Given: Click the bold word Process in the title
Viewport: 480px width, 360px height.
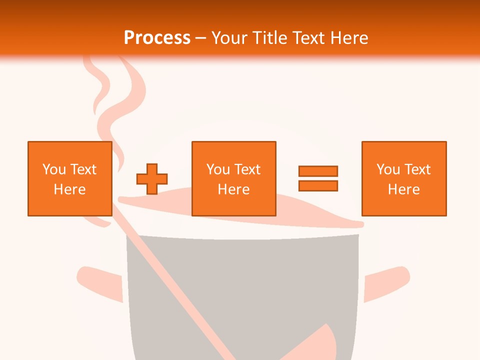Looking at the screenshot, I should (157, 38).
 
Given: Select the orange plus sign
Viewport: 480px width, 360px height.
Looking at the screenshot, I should (152, 178).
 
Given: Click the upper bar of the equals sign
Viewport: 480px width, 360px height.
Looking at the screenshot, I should (318, 171).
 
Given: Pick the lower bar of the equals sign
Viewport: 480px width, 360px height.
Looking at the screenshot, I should (318, 185).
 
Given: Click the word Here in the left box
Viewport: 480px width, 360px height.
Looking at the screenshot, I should (69, 189).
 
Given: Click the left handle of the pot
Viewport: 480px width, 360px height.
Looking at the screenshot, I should (100, 282).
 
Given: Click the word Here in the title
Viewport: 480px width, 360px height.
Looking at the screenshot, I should (348, 38).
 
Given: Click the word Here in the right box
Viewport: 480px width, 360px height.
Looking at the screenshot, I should (403, 189).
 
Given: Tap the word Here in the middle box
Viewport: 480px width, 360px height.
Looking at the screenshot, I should (233, 189).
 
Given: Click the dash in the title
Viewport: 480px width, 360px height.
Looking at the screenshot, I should (200, 38).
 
